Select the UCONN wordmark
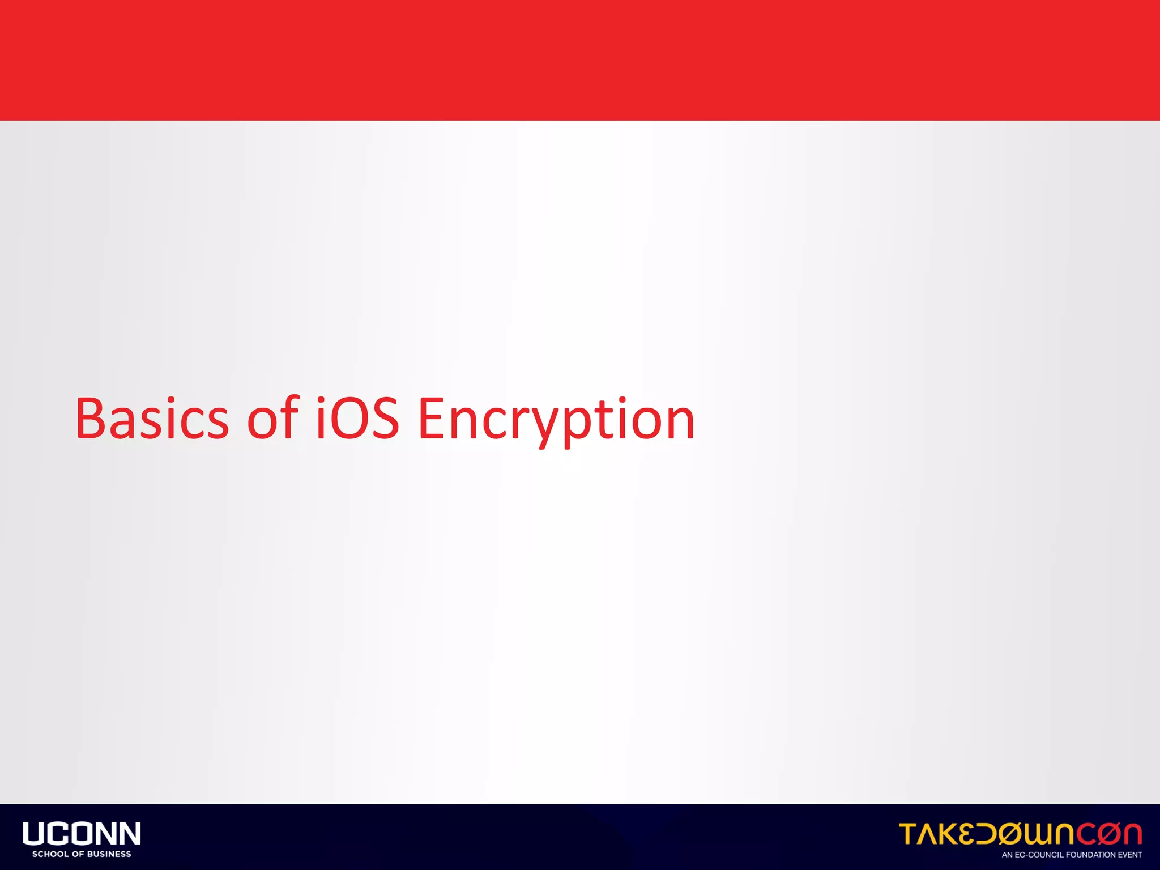[x=82, y=834]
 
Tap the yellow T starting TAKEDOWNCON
[x=910, y=834]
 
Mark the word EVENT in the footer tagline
[x=1130, y=855]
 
